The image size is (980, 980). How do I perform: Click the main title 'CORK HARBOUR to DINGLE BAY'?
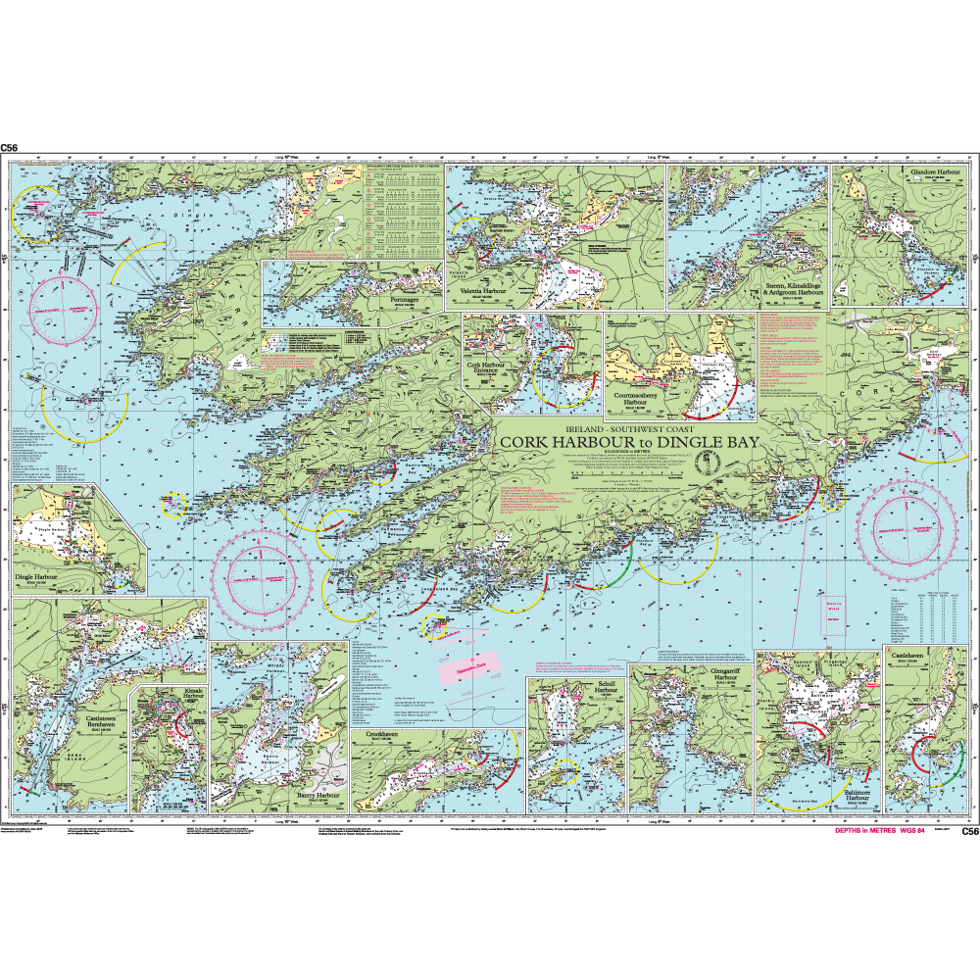(626, 443)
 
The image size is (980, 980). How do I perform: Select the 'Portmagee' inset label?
(403, 300)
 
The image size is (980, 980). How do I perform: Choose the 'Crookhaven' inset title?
(380, 735)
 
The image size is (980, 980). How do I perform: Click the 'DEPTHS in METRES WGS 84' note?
(879, 830)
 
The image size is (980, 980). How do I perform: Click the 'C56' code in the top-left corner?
(10, 148)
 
